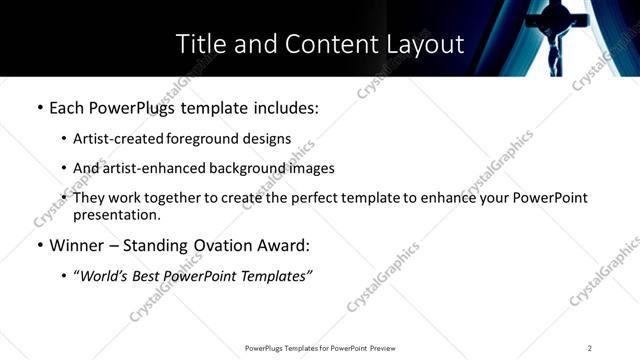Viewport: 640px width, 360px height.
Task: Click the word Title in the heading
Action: coord(198,45)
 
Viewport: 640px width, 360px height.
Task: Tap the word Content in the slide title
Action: coord(321,45)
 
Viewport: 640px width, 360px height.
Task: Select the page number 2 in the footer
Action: coord(589,348)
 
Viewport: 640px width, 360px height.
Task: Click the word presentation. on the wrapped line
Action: coord(116,214)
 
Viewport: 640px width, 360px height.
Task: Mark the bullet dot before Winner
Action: coord(40,245)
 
